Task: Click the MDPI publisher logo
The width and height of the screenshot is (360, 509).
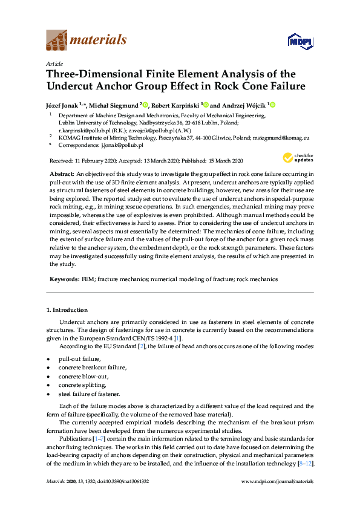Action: coord(300,41)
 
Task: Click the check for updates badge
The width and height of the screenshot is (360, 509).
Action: coord(298,158)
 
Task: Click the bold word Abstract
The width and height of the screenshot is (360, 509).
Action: coord(62,173)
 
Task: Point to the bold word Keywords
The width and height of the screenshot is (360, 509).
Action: coord(64,280)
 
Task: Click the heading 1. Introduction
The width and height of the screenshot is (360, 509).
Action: coord(67,310)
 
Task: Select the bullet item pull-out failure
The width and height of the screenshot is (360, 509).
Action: coord(79,359)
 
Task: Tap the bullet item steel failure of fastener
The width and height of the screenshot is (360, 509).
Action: coord(89,394)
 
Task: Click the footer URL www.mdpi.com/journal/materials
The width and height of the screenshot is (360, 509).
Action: coord(277,481)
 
